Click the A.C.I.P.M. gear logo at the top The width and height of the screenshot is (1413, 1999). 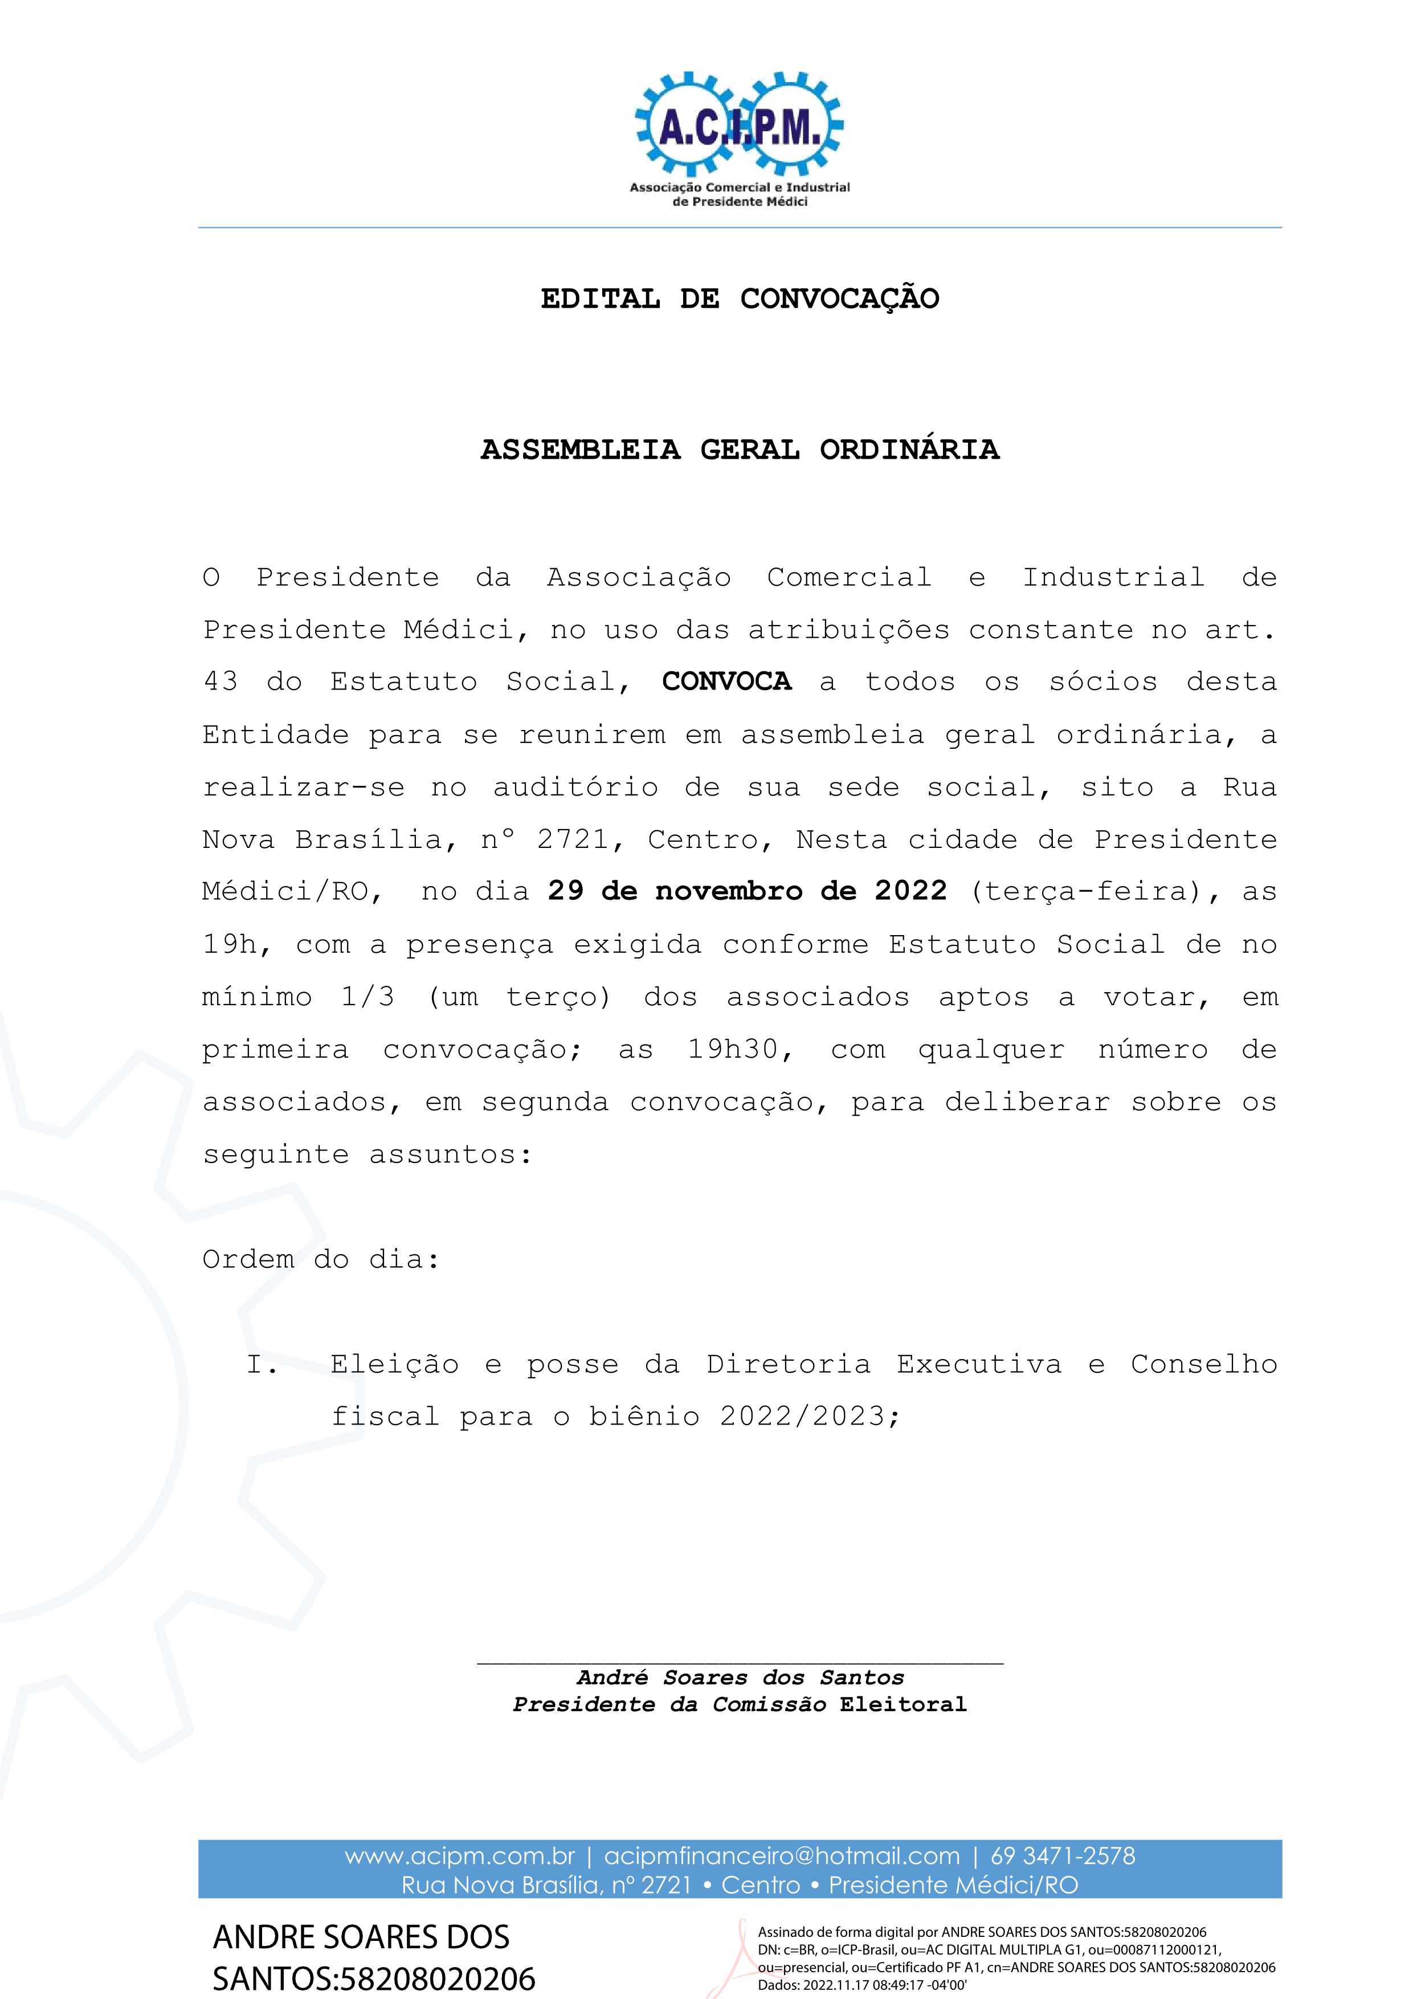coord(739,127)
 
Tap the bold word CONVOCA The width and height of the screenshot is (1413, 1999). coord(727,682)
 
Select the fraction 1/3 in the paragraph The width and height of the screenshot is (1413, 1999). coord(367,997)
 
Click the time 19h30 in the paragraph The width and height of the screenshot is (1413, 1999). coord(739,1049)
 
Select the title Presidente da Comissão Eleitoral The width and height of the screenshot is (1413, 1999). coord(740,1704)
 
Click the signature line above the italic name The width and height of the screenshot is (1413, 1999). coord(740,1663)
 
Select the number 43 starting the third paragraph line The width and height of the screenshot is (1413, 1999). coord(220,682)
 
